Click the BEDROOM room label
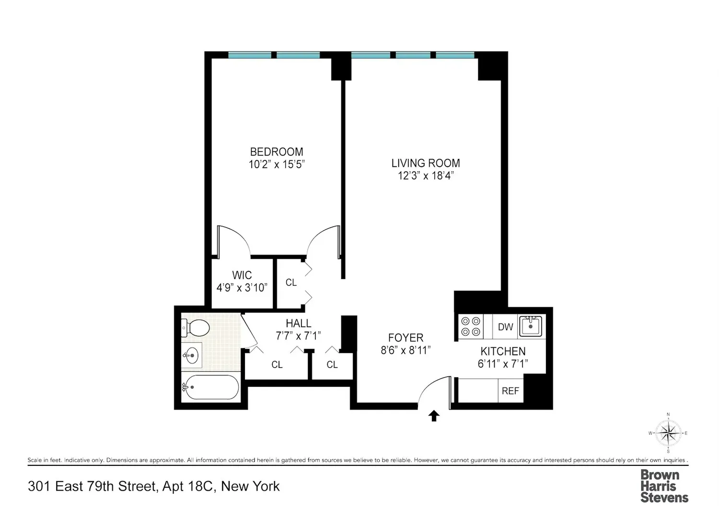277,151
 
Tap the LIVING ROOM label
426,163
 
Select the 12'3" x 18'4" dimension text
426,176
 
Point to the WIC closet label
242,275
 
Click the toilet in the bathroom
195,328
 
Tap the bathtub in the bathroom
210,387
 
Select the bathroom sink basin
192,355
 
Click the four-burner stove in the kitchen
471,326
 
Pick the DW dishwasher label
506,327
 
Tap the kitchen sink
531,326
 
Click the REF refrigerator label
510,391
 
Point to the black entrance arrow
434,416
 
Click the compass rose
668,433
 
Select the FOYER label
406,337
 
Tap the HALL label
299,323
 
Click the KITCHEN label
503,351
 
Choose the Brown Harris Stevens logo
664,485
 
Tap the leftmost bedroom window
250,55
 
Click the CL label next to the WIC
291,282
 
